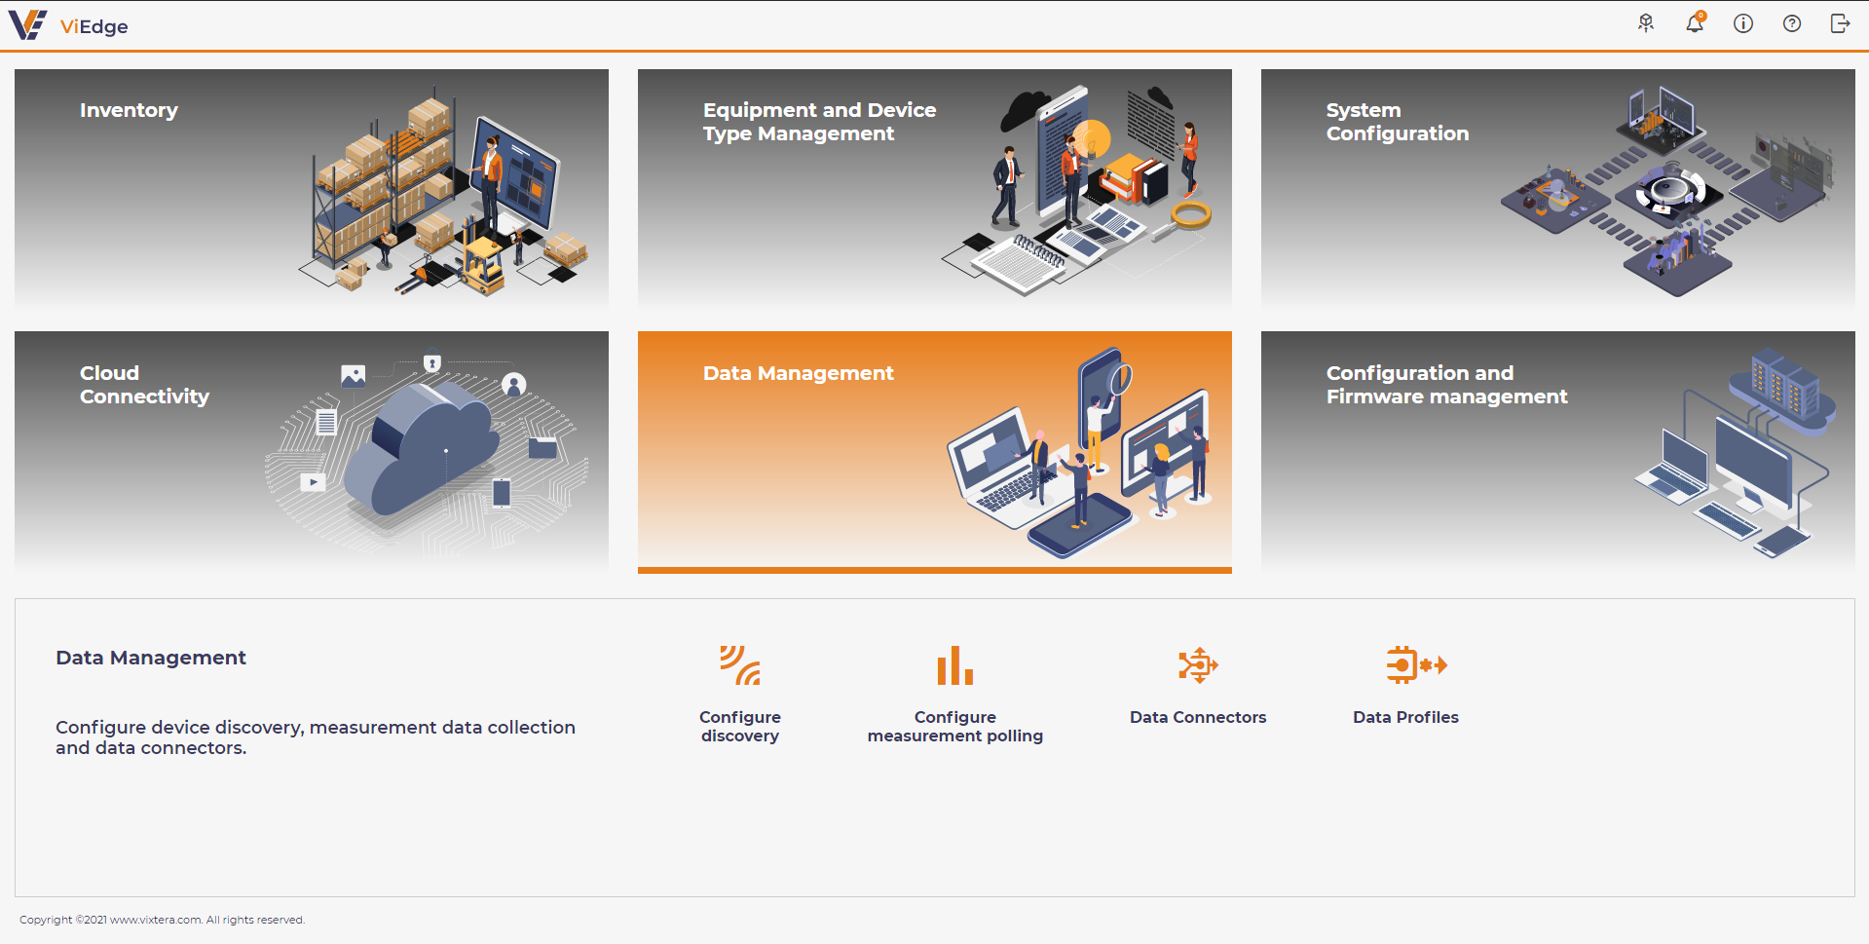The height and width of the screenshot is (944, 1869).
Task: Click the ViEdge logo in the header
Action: point(68,25)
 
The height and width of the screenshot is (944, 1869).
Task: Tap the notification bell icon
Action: point(1695,22)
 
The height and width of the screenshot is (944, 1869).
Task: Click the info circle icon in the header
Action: point(1743,23)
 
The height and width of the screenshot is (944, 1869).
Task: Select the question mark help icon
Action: point(1792,23)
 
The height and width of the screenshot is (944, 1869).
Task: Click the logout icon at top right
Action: point(1840,23)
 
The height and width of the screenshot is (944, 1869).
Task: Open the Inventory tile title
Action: point(129,110)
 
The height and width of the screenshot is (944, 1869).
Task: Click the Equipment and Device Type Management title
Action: point(819,122)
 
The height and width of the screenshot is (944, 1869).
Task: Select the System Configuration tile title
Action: point(1397,122)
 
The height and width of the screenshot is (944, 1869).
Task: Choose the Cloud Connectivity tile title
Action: point(144,385)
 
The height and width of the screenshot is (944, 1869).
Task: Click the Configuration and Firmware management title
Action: point(1446,385)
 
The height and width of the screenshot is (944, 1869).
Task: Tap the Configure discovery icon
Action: point(740,665)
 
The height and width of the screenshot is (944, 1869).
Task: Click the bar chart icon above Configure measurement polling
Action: point(955,665)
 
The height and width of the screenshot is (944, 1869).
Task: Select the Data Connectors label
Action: point(1198,717)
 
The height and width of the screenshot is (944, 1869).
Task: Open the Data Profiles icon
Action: point(1416,665)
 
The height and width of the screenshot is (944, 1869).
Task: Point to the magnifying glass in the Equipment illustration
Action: point(1183,219)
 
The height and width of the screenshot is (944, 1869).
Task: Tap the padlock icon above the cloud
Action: point(432,362)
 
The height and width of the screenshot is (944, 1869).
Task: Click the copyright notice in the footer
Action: point(162,920)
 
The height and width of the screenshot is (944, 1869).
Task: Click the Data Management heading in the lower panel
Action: point(151,658)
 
